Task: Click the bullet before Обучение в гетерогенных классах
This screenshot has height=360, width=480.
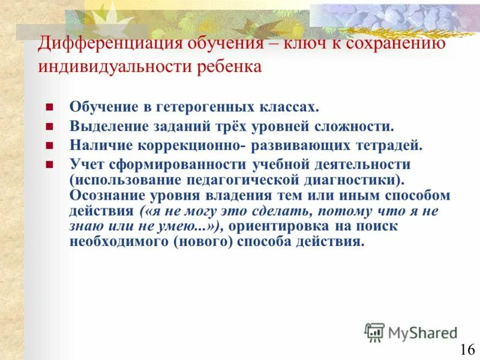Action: click(x=50, y=108)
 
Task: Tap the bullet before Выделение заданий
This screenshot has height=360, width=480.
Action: click(x=50, y=127)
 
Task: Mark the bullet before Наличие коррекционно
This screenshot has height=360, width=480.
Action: click(x=50, y=146)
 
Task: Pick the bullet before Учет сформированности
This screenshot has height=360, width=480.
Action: click(x=50, y=164)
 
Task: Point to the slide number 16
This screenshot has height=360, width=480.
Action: click(x=467, y=350)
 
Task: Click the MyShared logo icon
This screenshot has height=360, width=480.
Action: click(x=374, y=332)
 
